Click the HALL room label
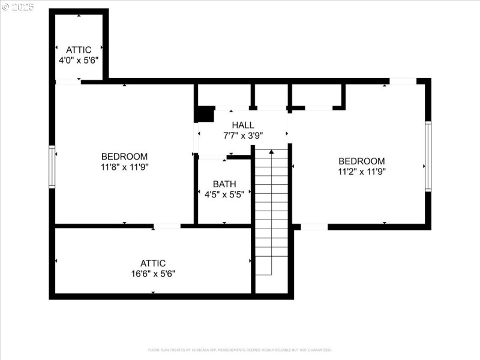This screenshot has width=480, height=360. point(243,125)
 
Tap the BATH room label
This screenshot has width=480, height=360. point(224,184)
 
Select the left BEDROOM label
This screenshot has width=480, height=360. point(124,157)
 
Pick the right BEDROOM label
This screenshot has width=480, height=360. point(361,161)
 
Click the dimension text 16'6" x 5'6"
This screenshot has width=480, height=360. point(152,273)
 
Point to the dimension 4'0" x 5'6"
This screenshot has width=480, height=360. point(79,60)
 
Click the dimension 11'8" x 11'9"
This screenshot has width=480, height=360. point(124,167)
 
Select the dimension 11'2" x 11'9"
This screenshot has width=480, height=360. point(361,171)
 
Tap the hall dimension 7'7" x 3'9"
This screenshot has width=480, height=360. point(243,135)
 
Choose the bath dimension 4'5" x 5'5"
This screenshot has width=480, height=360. point(224,194)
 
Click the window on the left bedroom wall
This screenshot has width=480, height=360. point(52,167)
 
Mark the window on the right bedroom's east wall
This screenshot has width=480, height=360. point(428,157)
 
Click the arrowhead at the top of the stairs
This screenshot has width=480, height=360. point(271,152)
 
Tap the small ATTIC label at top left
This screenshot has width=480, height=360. point(79,50)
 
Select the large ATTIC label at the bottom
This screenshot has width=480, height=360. point(152,263)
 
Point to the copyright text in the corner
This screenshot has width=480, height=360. point(18,7)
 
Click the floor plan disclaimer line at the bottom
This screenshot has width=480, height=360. point(240,350)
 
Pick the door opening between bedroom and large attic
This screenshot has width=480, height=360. point(167,226)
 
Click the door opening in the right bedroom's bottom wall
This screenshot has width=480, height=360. point(314,227)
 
